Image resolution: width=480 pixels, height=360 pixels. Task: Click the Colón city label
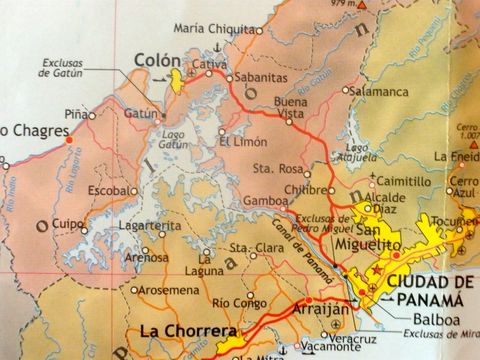coord(153,58)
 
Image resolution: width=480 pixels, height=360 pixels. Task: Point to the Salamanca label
coord(380,91)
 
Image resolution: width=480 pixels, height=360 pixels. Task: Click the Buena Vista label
coord(290,109)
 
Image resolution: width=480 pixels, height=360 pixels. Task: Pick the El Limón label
coord(245,141)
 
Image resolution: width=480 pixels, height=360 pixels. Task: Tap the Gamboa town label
coord(265,200)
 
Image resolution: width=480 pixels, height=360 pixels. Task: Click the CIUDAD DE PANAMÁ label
coord(426,289)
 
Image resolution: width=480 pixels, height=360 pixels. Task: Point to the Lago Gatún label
coord(174,140)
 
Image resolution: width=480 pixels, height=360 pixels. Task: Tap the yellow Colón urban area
coord(177,79)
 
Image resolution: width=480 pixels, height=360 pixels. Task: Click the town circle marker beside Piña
coord(92,116)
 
